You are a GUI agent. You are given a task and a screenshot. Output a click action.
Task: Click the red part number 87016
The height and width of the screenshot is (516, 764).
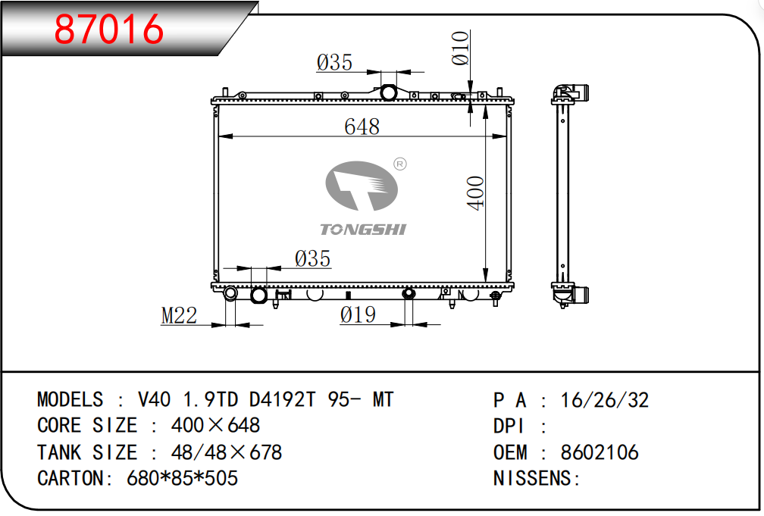[108, 29]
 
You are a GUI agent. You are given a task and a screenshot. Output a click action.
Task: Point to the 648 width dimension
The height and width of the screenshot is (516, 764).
[362, 127]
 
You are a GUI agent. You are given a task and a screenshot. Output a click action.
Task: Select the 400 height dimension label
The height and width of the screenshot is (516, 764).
[475, 193]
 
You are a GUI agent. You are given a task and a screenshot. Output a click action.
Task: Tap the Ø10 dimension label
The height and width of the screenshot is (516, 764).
[461, 48]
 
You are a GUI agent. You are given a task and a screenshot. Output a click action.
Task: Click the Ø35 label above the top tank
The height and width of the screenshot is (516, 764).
[334, 62]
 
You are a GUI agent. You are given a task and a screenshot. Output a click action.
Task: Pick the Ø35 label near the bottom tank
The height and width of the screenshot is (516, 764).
[312, 258]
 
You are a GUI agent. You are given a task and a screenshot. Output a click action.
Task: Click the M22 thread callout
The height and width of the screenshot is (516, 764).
[180, 315]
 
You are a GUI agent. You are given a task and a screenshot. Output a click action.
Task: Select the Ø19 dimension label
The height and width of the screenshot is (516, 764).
[358, 314]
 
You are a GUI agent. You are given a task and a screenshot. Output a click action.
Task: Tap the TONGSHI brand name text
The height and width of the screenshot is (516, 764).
[363, 230]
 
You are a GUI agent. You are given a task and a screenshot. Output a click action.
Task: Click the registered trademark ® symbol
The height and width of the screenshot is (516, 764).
[399, 164]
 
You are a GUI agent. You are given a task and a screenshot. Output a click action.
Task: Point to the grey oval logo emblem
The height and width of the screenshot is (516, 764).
[362, 186]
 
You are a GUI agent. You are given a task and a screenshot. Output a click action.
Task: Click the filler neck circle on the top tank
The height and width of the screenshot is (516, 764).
[388, 92]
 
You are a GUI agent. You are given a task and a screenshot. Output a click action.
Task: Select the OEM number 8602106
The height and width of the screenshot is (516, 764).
[600, 452]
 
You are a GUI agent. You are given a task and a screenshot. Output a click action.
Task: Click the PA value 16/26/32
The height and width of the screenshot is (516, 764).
[605, 400]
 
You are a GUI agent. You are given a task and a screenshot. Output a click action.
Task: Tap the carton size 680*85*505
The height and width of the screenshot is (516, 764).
[182, 478]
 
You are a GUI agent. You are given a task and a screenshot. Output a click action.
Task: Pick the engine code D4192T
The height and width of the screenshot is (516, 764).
[283, 399]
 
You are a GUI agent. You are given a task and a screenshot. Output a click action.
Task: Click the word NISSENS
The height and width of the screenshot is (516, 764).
[532, 478]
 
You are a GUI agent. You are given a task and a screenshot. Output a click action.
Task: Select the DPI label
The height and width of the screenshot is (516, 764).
[509, 426]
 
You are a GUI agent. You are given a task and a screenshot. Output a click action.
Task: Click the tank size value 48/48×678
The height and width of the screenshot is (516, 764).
[227, 452]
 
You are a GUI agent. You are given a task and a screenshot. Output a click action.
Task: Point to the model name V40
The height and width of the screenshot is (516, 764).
[155, 399]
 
